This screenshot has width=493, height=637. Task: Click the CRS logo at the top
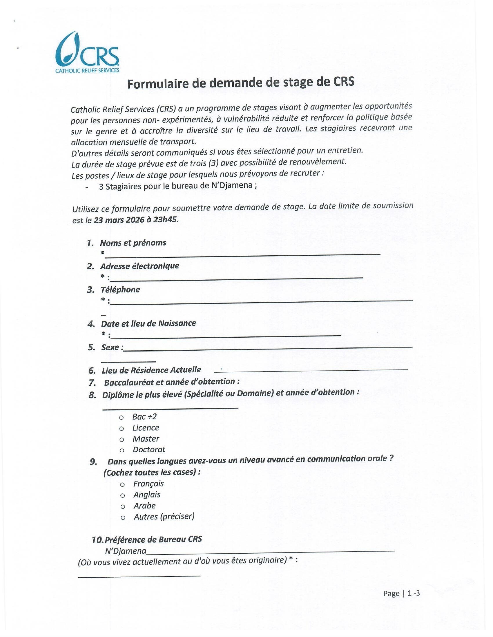(87, 53)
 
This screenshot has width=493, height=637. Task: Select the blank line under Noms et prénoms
(242, 254)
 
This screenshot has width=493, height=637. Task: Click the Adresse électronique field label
(139, 266)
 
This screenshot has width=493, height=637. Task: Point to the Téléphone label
(120, 290)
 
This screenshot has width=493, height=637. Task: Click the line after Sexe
(267, 348)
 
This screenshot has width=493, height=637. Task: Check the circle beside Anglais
(123, 495)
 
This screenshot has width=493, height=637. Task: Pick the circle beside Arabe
(123, 507)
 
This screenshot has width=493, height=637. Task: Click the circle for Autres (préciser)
(123, 518)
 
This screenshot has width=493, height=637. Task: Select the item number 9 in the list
(93, 462)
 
